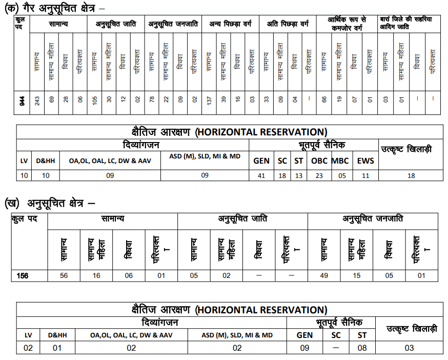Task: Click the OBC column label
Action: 319,161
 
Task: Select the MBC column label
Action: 340,161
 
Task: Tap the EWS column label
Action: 365,161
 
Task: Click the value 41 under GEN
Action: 261,175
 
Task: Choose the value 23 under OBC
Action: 319,175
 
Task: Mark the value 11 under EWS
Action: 365,175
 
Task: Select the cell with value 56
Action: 64,275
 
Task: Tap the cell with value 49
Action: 323,275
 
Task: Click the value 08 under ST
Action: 361,348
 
